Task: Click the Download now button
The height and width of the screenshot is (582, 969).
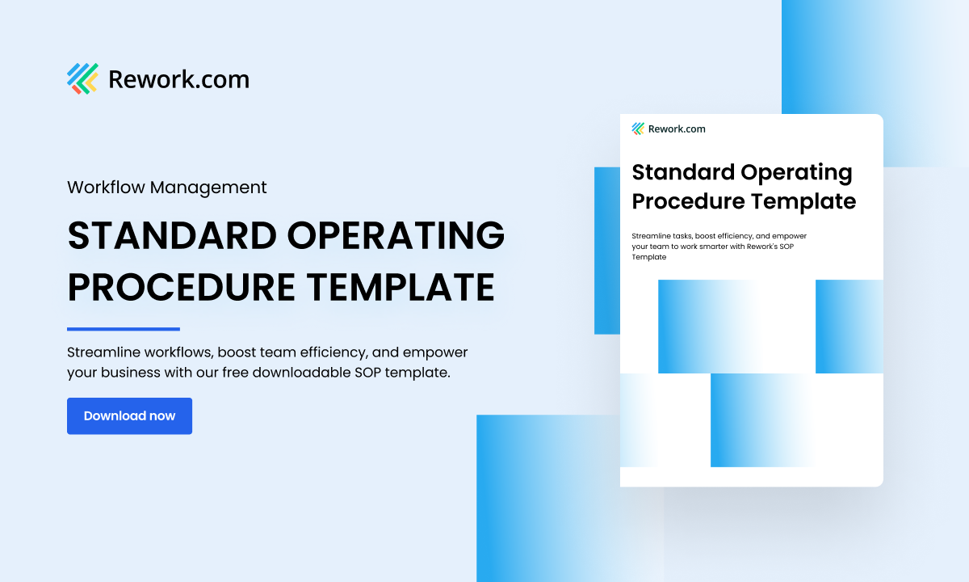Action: coord(129,415)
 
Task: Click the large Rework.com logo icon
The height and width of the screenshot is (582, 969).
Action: coord(82,78)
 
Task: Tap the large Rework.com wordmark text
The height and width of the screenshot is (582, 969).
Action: coord(178,79)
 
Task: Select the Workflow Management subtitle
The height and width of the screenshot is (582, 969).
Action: coord(166,187)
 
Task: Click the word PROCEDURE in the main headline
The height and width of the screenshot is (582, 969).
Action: coord(179,288)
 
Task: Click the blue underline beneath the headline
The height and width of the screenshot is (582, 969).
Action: coord(123,329)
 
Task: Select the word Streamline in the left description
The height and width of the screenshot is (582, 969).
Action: coord(100,353)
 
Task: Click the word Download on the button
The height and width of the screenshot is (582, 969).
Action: coord(114,415)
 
